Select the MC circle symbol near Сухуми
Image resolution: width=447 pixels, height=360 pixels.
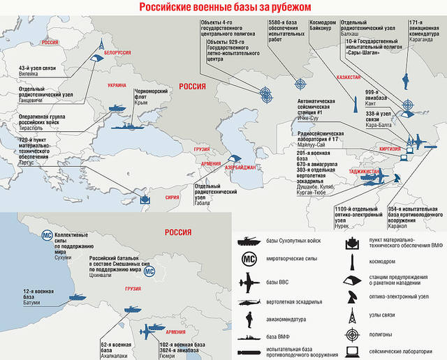coord(47,237)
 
